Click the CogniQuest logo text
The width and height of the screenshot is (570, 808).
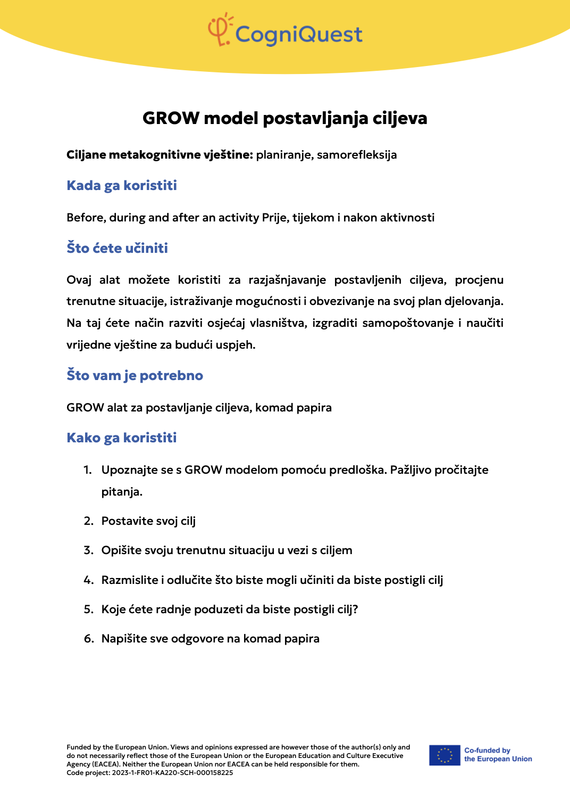tap(298, 35)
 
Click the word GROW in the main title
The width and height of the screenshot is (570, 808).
tap(171, 118)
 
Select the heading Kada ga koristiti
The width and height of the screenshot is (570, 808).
tap(122, 186)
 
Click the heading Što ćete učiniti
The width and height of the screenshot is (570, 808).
tap(117, 248)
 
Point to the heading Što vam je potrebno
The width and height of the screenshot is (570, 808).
tap(135, 375)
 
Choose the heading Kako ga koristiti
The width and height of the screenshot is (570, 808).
tap(122, 438)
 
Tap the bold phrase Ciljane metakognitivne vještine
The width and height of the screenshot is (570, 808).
tap(160, 155)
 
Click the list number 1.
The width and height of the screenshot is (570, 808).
tap(88, 470)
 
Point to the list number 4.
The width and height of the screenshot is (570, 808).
tap(88, 580)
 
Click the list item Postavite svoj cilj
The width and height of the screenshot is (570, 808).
tap(148, 521)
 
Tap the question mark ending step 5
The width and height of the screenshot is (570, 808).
tap(355, 609)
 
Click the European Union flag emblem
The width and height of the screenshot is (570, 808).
tap(445, 755)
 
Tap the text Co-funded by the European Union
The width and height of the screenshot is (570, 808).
tap(498, 755)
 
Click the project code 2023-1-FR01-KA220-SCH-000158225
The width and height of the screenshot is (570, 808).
tap(172, 773)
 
